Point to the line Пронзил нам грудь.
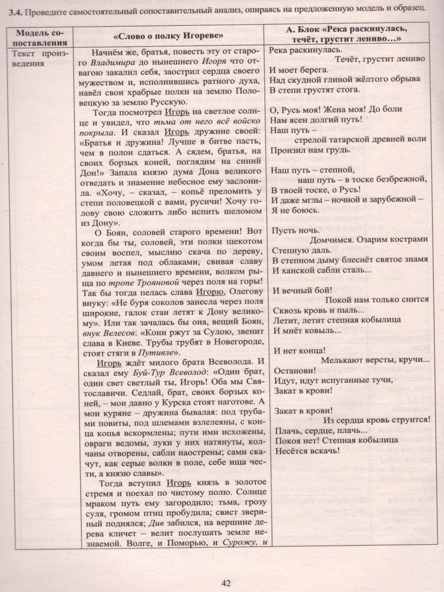coord(304,149)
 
